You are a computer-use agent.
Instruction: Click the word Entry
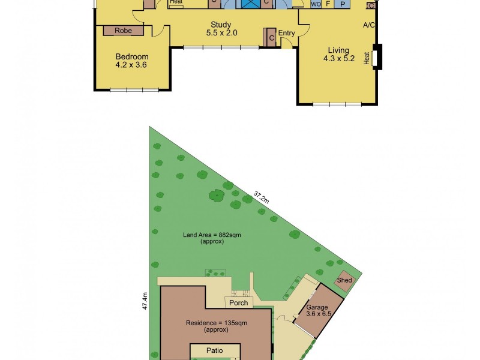(x=286, y=33)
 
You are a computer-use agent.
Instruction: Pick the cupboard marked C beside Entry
(x=271, y=38)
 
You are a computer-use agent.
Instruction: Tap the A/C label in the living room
(x=369, y=25)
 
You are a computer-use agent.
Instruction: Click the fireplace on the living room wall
(x=376, y=58)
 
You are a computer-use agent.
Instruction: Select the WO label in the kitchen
(x=316, y=4)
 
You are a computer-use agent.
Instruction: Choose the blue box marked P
(x=342, y=4)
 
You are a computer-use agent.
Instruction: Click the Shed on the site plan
(x=344, y=280)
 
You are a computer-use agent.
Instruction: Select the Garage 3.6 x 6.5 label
(x=318, y=310)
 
